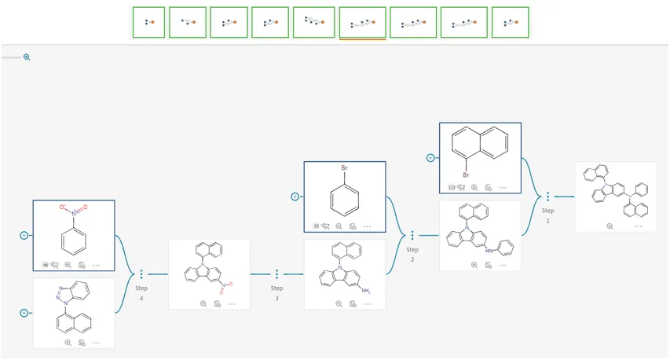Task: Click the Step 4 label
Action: (141, 292)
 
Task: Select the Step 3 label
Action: (276, 292)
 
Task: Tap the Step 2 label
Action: (412, 253)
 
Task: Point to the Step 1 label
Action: (547, 215)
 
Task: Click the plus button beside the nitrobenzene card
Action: (24, 235)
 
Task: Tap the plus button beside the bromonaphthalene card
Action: (430, 158)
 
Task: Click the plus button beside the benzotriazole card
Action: (24, 313)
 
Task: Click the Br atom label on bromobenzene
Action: (344, 168)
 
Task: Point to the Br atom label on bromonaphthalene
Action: (465, 175)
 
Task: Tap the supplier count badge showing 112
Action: (452, 188)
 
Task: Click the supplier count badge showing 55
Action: (317, 226)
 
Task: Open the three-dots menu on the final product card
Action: (638, 226)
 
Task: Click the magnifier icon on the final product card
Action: (610, 226)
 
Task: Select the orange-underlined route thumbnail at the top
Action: (362, 23)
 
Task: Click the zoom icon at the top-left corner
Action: (27, 57)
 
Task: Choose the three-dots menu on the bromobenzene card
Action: (367, 226)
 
